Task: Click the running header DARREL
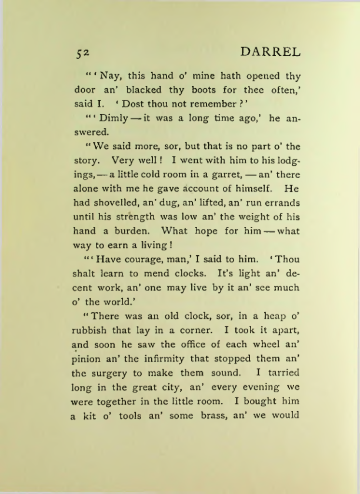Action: pyautogui.click(x=271, y=52)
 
